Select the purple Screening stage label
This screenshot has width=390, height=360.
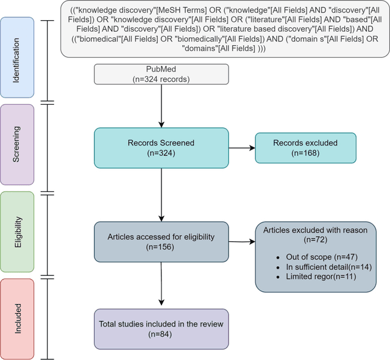coord(17,144)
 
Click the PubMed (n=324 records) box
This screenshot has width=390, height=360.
coord(161,74)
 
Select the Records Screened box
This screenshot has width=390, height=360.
coord(161,148)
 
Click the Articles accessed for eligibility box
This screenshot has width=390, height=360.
coord(161,242)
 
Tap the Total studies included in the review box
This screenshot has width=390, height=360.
coord(161,329)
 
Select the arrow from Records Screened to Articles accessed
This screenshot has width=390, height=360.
coord(161,195)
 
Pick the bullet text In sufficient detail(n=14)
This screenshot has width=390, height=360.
coord(324,267)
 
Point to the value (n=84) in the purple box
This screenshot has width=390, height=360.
coord(161,334)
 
